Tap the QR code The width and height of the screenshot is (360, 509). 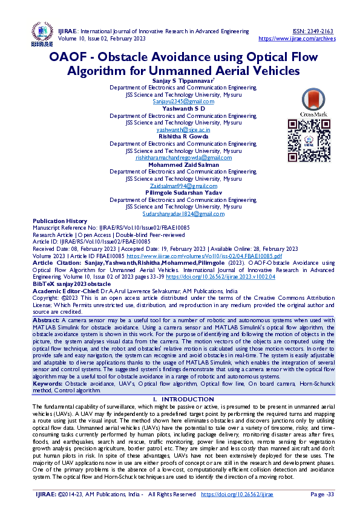pyautogui.click(x=309, y=136)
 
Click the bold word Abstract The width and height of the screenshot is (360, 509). pyautogui.click(x=47, y=319)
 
